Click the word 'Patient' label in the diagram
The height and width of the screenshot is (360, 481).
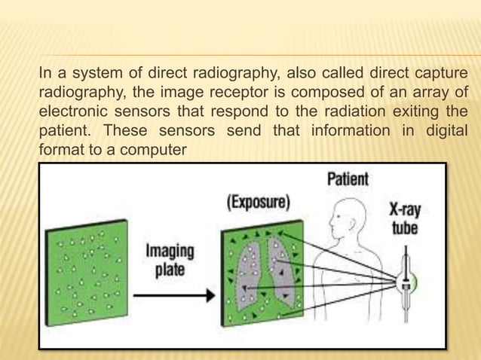pyautogui.click(x=348, y=179)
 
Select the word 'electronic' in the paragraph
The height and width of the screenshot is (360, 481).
pyautogui.click(x=72, y=111)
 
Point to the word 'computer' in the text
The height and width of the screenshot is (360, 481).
pyautogui.click(x=156, y=150)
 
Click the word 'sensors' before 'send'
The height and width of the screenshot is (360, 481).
pyautogui.click(x=174, y=130)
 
